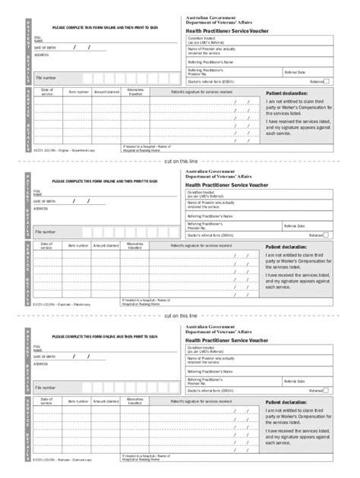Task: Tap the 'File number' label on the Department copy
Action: point(45,77)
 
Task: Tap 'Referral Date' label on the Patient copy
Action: point(295,226)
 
